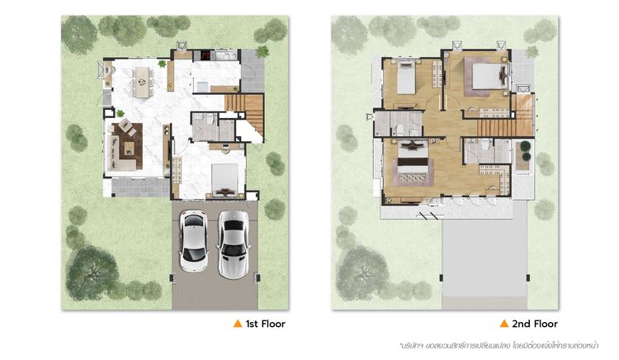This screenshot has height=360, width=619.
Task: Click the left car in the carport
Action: click(x=193, y=241)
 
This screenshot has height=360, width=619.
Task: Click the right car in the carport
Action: click(x=234, y=244)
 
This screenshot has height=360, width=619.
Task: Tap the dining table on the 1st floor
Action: click(x=142, y=82)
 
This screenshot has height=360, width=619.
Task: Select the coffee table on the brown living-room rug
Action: click(x=130, y=148)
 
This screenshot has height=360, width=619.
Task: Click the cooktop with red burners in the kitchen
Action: click(x=206, y=54)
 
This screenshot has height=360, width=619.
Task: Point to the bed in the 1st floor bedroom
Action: click(x=224, y=180)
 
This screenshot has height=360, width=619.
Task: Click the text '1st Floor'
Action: click(x=265, y=324)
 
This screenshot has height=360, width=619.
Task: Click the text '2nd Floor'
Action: click(x=535, y=324)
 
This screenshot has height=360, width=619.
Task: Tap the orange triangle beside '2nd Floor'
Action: click(x=504, y=324)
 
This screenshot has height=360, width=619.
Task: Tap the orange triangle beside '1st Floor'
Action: click(x=238, y=324)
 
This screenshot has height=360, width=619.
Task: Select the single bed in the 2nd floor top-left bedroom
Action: click(x=406, y=78)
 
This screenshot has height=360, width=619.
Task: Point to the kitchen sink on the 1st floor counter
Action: click(x=226, y=54)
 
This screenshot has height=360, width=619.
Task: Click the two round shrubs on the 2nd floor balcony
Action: click(x=526, y=151)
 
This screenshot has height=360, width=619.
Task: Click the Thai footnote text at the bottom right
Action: click(x=499, y=345)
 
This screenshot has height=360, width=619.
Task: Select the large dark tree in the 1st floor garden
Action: click(x=92, y=273)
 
